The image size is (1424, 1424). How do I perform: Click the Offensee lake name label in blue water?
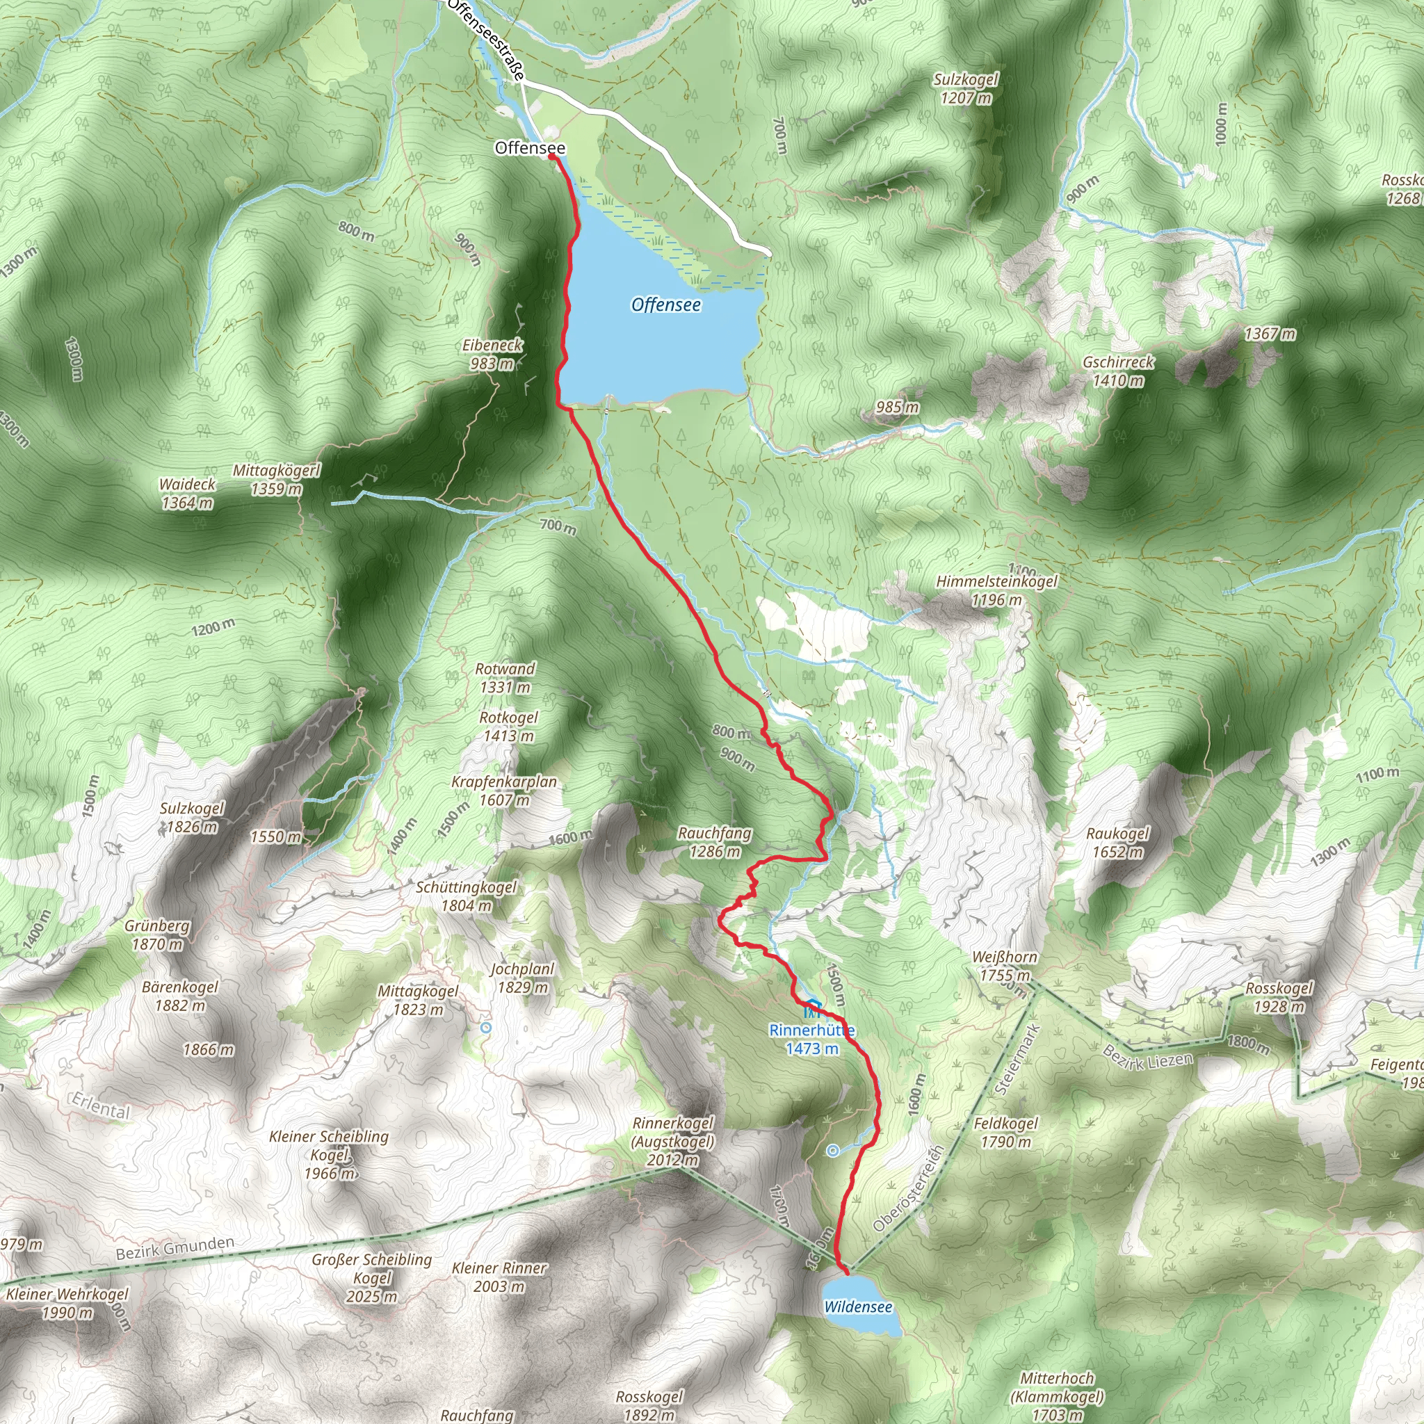pyautogui.click(x=665, y=305)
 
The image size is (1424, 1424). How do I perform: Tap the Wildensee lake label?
pyautogui.click(x=858, y=1306)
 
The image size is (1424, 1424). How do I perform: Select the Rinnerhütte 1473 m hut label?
pyautogui.click(x=811, y=1039)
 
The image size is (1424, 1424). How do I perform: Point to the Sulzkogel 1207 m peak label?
pyautogui.click(x=966, y=88)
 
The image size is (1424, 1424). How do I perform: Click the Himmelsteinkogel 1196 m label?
pyautogui.click(x=996, y=590)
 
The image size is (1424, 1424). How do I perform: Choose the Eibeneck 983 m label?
pyautogui.click(x=492, y=354)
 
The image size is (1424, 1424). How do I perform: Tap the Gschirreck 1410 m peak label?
pyautogui.click(x=1118, y=371)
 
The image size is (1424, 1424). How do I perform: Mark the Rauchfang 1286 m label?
pyautogui.click(x=715, y=842)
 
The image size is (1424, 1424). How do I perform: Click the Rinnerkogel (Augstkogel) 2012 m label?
pyautogui.click(x=674, y=1141)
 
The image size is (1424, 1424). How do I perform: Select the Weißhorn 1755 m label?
pyautogui.click(x=1004, y=966)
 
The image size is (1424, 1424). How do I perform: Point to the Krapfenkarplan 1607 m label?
pyautogui.click(x=504, y=790)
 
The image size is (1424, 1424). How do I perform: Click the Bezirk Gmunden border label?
pyautogui.click(x=175, y=1249)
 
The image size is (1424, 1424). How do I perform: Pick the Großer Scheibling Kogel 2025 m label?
pyautogui.click(x=372, y=1277)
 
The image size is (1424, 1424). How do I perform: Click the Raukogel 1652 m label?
pyautogui.click(x=1117, y=843)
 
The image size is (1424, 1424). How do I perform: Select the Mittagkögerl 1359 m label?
pyautogui.click(x=277, y=479)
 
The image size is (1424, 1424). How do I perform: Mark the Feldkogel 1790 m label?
pyautogui.click(x=1005, y=1132)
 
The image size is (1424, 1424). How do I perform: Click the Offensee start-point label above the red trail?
pyautogui.click(x=530, y=148)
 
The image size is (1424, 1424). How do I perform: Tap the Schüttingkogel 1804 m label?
pyautogui.click(x=466, y=896)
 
